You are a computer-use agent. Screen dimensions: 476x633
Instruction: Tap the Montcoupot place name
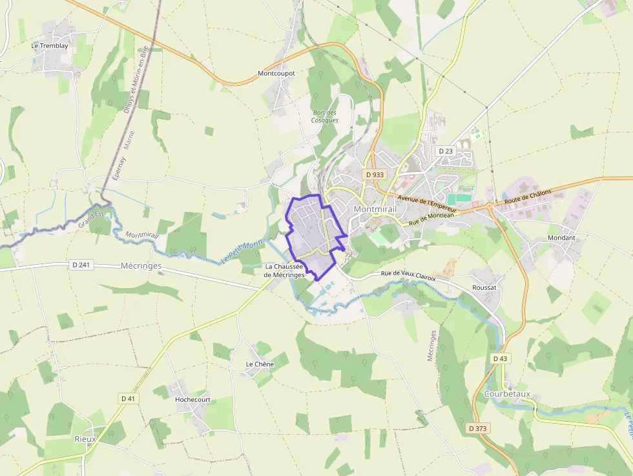click(276, 74)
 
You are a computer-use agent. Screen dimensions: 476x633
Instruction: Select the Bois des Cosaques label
click(324, 116)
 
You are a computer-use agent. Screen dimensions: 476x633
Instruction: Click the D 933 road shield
click(374, 174)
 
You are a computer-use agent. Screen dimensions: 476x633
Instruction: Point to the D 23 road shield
click(446, 150)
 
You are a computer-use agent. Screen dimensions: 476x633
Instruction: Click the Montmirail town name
click(375, 209)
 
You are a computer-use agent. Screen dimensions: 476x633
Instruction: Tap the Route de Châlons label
click(528, 196)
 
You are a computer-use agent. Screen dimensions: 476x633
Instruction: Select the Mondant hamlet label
click(561, 238)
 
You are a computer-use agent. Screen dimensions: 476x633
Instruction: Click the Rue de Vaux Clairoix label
click(408, 275)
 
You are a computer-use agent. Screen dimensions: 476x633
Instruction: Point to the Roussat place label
click(484, 287)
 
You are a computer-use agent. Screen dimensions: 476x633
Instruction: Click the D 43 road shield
click(500, 358)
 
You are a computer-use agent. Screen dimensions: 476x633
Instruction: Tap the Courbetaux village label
click(507, 393)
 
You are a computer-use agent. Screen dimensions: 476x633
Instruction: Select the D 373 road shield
click(479, 428)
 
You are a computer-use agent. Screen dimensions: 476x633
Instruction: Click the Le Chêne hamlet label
click(260, 364)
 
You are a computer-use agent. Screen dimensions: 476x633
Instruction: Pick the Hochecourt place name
click(192, 399)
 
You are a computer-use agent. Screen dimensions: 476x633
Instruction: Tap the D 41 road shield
click(129, 398)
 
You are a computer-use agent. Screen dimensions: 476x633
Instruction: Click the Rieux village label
click(85, 439)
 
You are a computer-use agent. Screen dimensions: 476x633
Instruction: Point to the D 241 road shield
click(79, 265)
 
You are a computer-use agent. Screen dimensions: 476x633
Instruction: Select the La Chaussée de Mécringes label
click(284, 271)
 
